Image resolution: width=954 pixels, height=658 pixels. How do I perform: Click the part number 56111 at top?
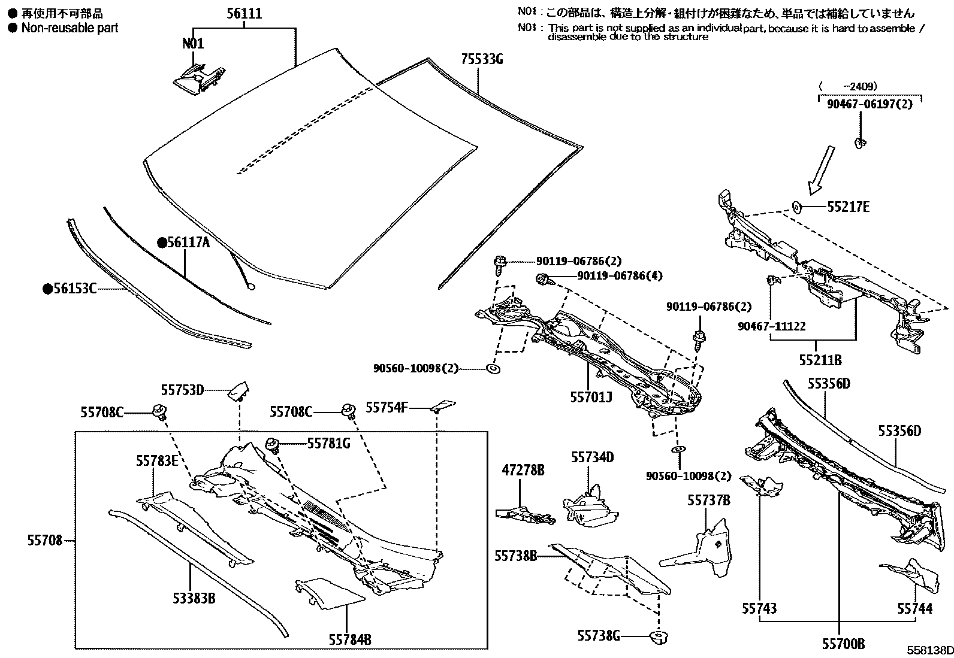244,14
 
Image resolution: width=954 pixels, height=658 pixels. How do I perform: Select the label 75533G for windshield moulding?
482,59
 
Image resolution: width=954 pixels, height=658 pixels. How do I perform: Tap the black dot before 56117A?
161,242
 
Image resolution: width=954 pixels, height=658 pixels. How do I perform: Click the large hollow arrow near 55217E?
821,169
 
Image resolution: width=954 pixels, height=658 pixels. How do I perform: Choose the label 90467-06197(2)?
869,104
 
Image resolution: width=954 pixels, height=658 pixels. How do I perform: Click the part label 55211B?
820,360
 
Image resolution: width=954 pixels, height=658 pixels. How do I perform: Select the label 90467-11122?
771,326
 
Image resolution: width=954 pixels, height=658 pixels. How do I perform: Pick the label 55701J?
591,396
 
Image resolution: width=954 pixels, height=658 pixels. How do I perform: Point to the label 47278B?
523,471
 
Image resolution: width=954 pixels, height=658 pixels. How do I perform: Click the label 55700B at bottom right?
843,644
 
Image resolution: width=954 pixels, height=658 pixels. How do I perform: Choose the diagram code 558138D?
929,650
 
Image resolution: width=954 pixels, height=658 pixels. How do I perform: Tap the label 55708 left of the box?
44,541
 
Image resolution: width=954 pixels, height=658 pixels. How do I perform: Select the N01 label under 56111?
192,43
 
